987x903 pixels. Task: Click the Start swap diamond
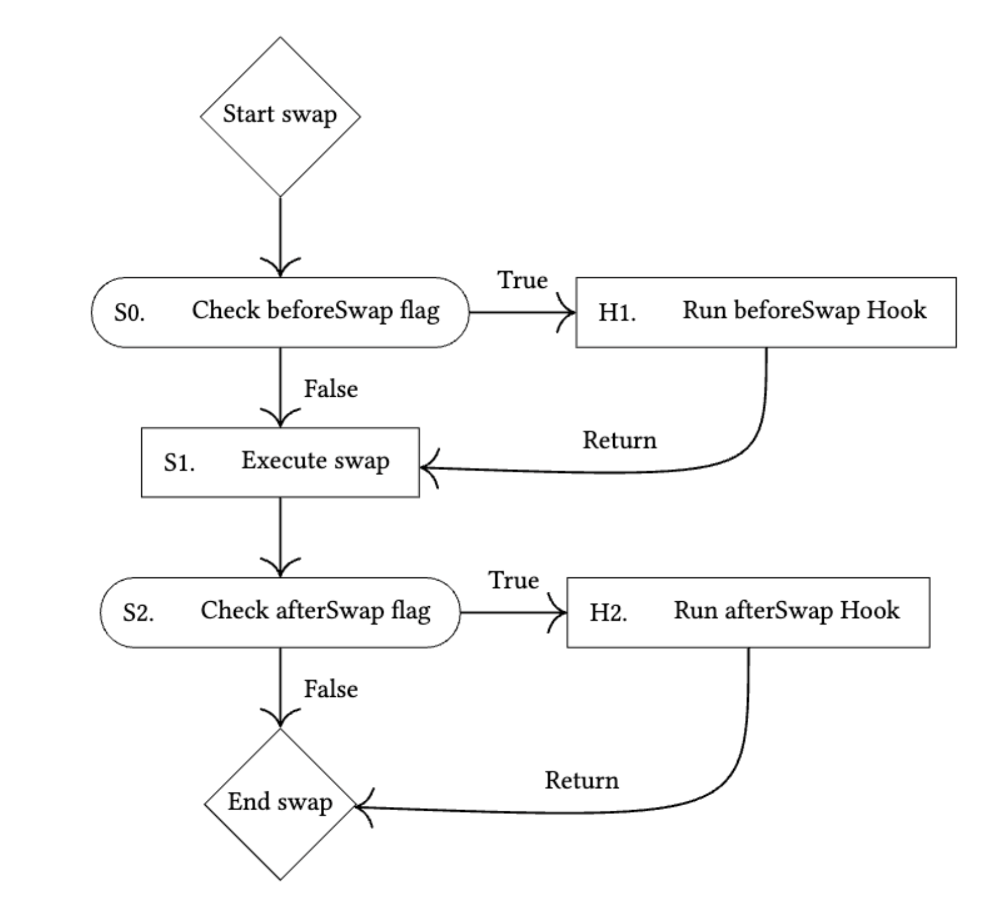(280, 116)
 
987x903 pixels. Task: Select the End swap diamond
(280, 804)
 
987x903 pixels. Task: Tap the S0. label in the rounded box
(130, 313)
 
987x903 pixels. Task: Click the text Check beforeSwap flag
(315, 311)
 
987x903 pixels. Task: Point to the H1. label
(617, 313)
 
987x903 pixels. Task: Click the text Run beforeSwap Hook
(804, 311)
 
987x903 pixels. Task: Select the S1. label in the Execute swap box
(179, 463)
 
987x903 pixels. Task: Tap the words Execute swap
(315, 461)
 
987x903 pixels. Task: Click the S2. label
(139, 614)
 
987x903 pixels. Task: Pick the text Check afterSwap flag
(315, 611)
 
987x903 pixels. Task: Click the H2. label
(608, 614)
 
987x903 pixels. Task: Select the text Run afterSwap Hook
(786, 611)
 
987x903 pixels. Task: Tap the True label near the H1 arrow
(522, 280)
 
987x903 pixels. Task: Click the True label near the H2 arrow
(513, 581)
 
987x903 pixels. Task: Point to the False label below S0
(330, 389)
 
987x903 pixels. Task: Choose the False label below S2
(330, 689)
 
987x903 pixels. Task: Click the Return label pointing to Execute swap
(619, 440)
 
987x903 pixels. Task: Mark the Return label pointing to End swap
(581, 781)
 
